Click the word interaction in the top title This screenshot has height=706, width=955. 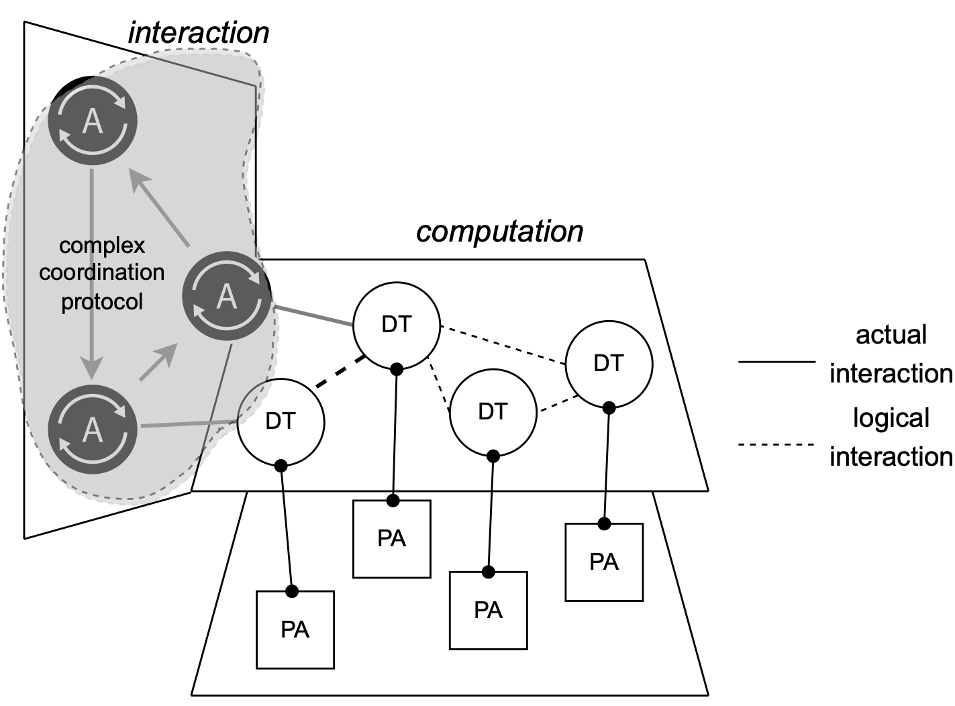[x=199, y=33]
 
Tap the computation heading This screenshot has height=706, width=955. [x=499, y=232]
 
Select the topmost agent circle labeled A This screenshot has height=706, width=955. [x=93, y=121]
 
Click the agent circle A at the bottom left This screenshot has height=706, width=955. [x=93, y=429]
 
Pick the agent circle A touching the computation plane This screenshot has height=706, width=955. [x=227, y=296]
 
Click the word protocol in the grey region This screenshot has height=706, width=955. [x=102, y=301]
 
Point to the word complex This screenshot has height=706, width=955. [x=102, y=246]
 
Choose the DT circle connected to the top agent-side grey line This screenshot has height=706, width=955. [x=397, y=325]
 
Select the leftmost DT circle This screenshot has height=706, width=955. [x=281, y=421]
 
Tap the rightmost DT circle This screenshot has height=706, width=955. [x=609, y=364]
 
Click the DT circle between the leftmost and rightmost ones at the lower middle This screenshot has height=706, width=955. [x=493, y=412]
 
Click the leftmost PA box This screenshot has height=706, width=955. [x=295, y=629]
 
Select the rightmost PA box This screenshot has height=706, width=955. [x=604, y=562]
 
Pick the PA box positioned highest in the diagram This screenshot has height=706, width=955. [x=392, y=539]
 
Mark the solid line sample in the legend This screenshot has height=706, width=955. [x=776, y=362]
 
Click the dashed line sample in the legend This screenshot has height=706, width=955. [x=776, y=444]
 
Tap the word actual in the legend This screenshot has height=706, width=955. [x=891, y=335]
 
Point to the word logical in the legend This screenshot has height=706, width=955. [x=891, y=418]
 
